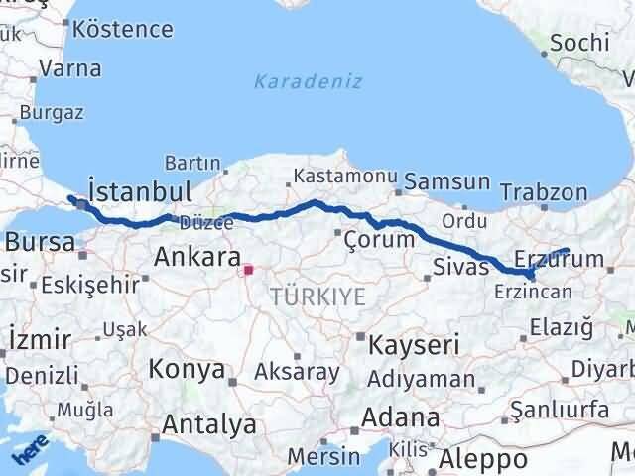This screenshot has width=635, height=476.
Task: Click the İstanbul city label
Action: pos(139,191)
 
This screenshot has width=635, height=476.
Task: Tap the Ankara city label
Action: pos(197,260)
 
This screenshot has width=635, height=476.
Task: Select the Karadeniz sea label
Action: pos(308,81)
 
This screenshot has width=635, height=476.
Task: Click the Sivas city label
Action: pos(461,266)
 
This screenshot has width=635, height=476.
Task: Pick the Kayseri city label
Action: pos(414,346)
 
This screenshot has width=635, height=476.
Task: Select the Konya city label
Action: pos(186,370)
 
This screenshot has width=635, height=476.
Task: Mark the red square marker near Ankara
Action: pos(248,267)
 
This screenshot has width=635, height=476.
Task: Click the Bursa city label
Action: pos(40,241)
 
